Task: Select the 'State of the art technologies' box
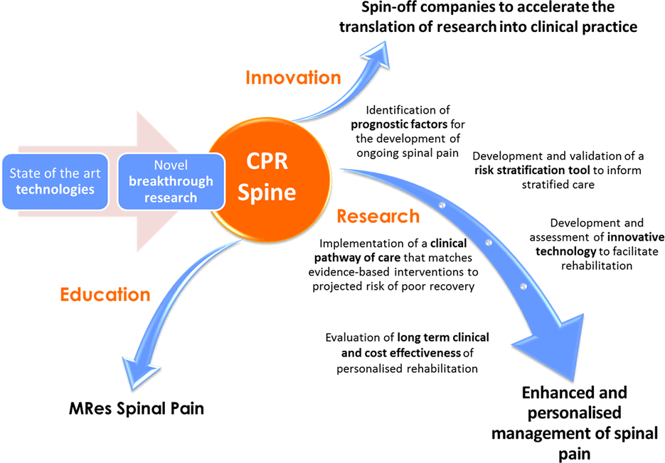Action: tap(55, 181)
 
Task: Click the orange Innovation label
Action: tap(293, 77)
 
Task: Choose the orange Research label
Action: tap(378, 216)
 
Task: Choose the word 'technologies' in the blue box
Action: tap(55, 190)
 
